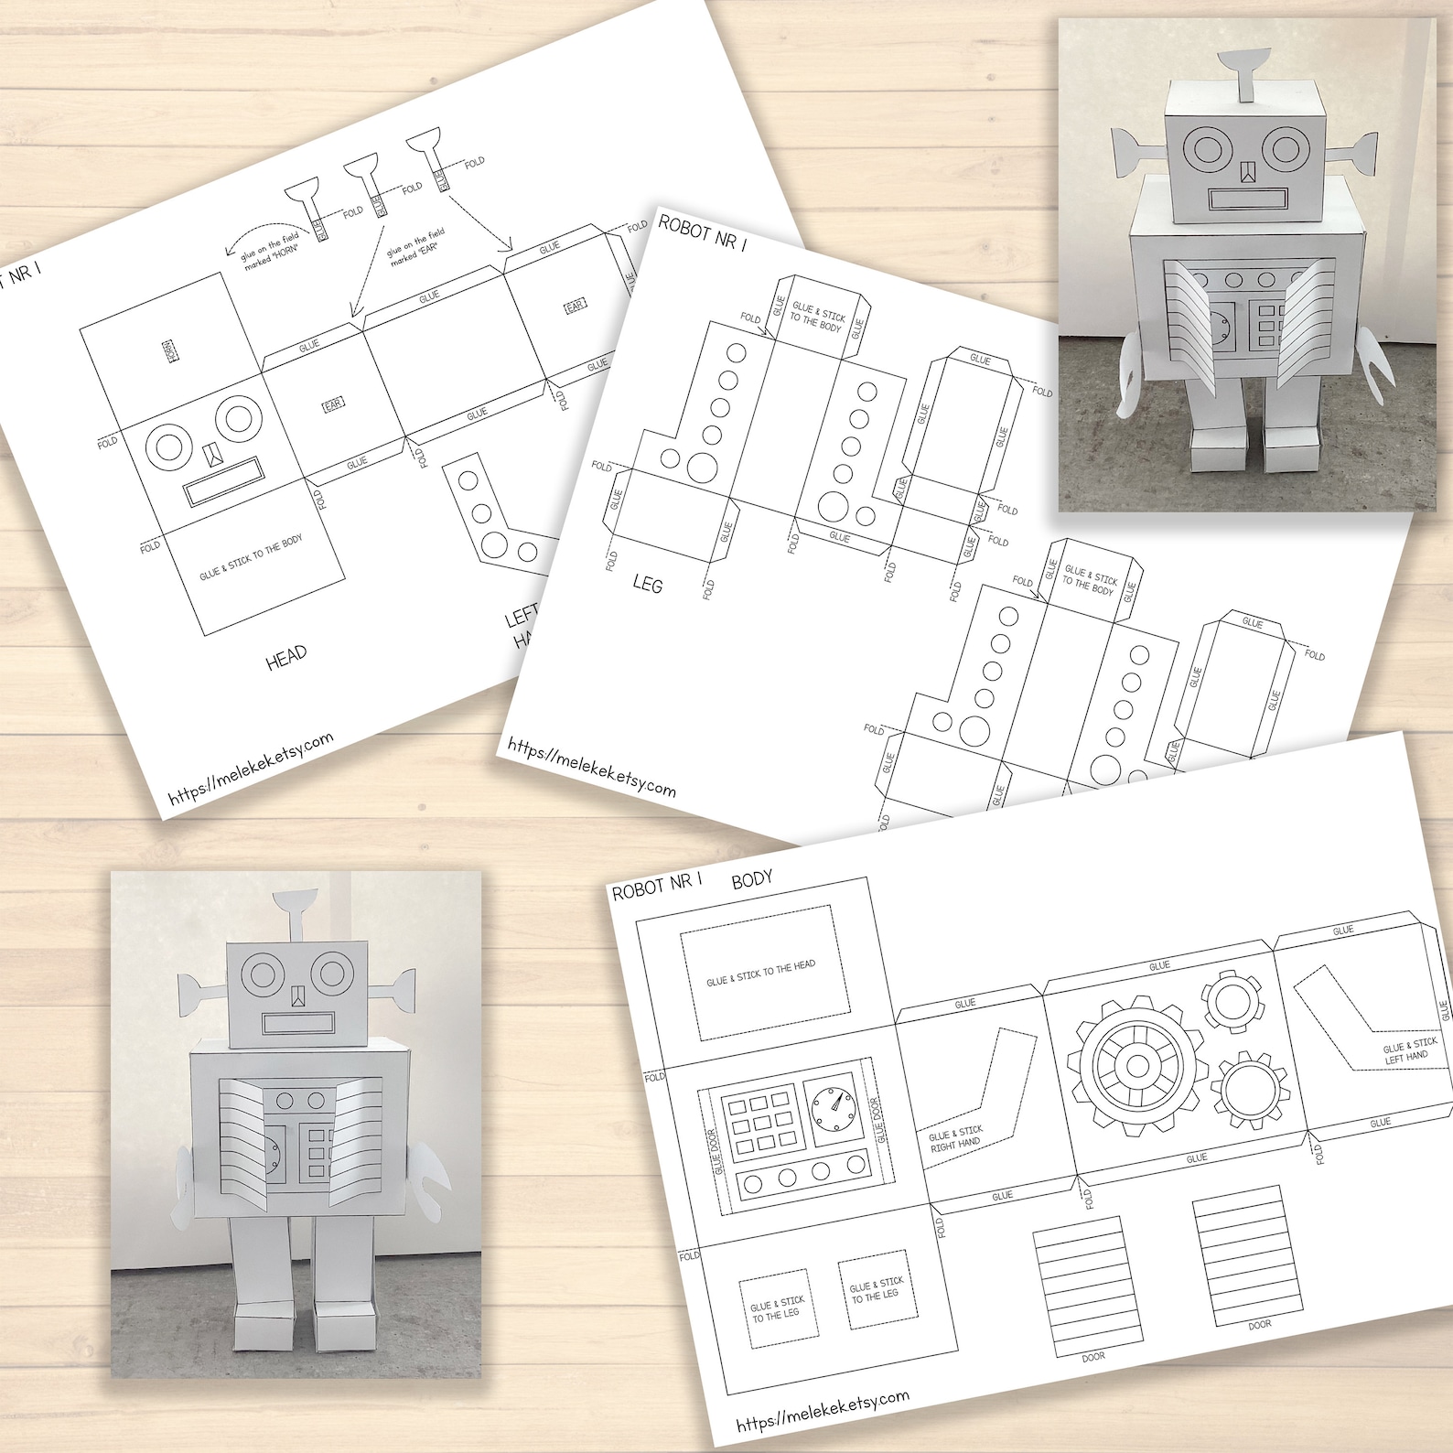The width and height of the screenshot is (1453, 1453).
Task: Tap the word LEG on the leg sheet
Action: pos(647,583)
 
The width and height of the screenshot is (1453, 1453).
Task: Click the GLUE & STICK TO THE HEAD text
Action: pos(760,973)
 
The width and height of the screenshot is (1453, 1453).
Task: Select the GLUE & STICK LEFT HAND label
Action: pos(1409,1050)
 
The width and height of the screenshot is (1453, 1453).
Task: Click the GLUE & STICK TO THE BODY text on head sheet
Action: pos(251,558)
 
